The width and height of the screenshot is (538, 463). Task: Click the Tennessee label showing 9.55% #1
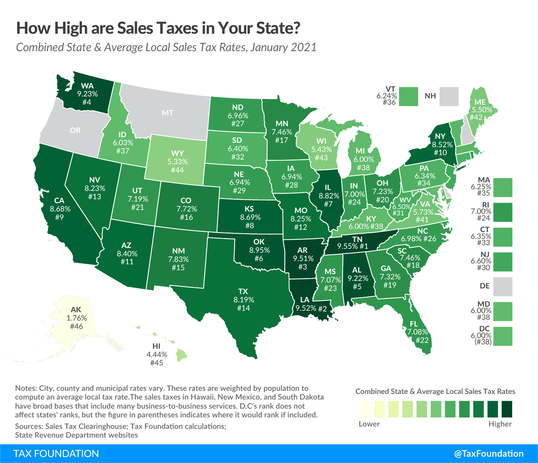pos(353,242)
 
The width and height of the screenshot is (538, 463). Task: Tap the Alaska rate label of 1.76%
pos(76,318)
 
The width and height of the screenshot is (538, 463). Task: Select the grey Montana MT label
pos(167,113)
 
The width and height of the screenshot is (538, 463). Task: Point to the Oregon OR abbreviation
pos(75,130)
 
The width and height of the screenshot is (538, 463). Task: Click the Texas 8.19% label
pos(243,300)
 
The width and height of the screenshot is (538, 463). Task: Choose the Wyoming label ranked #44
pos(177,162)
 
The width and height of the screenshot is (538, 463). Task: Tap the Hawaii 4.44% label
pos(156,354)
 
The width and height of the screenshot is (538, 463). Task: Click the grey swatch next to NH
pos(449,97)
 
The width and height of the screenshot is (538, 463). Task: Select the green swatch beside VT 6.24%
pos(409,97)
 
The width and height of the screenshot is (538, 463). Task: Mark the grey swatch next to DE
pos(503,286)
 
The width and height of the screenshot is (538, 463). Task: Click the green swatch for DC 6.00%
pos(503,336)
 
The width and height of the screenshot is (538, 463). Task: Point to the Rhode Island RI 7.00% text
pos(481,211)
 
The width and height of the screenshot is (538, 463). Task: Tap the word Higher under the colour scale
pos(500,424)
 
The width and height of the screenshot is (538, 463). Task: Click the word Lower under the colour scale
pos(369,424)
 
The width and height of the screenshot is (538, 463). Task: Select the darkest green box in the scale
pos(507,409)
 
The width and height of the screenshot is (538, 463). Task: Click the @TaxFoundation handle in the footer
pos(489,453)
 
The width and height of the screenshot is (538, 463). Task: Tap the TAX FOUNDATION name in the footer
pos(56,453)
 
